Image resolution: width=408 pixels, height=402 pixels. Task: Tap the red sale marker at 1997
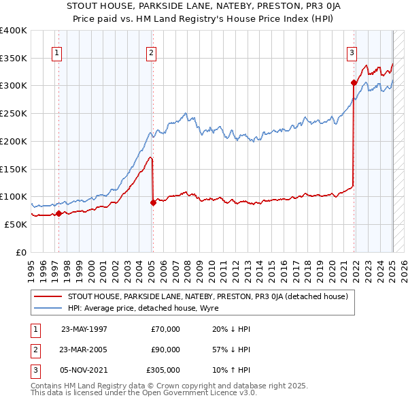(x=58, y=213)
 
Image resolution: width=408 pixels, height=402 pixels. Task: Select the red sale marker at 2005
(x=153, y=202)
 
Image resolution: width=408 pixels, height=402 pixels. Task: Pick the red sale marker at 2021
(x=354, y=83)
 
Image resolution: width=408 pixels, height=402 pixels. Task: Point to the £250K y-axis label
(x=13, y=113)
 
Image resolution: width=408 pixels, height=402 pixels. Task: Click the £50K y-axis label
(x=16, y=224)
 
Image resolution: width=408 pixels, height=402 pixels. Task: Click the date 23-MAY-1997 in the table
(x=84, y=328)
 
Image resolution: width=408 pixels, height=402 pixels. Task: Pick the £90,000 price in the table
(x=166, y=350)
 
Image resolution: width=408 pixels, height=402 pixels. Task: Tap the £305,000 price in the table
(x=163, y=371)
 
